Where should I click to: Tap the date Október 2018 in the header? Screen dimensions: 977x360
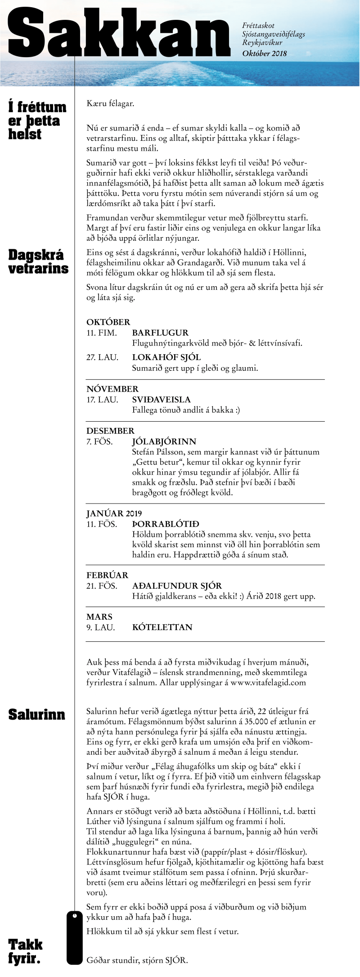pos(264,54)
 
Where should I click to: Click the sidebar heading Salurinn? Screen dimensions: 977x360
pos(37,715)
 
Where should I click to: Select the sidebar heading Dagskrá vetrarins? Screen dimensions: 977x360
pos(39,261)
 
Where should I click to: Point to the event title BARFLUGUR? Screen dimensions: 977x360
pos(160,333)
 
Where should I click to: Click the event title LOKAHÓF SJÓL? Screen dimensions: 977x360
pos(166,357)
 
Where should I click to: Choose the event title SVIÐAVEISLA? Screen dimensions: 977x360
pos(161,400)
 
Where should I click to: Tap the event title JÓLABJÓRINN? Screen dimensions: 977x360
pos(164,441)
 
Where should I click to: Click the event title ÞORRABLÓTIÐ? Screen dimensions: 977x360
pos(166,524)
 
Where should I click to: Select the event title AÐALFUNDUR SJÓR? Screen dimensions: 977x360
pos(177,586)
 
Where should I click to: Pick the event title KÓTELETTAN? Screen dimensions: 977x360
pos(162,627)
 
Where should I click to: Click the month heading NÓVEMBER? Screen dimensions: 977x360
pos(112,389)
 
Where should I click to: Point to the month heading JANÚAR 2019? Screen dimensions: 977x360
pos(114,513)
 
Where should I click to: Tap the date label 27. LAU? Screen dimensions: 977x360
pos(102,357)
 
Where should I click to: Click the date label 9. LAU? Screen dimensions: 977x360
pos(100,627)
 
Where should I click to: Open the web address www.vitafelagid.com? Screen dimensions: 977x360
pos(268,683)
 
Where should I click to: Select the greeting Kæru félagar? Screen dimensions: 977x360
pos(110,104)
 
